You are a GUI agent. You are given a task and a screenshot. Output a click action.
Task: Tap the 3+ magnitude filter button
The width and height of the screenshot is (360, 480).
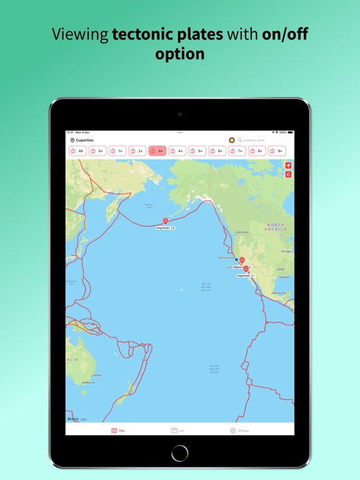coord(157,151)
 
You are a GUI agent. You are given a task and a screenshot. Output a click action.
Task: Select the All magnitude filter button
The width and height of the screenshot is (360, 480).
coord(77,151)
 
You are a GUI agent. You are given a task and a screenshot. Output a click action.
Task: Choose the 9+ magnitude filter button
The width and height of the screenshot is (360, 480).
coord(277,151)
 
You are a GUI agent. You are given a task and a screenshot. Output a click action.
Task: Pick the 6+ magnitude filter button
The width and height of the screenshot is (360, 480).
coord(217,151)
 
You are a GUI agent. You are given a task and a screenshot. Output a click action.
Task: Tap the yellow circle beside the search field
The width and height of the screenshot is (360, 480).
coord(232,141)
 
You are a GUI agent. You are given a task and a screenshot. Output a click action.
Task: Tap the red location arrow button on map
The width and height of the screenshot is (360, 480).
coord(288,166)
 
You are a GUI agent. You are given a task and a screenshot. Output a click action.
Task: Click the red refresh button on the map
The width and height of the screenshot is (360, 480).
coord(288,174)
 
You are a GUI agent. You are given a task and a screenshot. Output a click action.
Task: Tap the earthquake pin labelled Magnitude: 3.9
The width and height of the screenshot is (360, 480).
coord(166,221)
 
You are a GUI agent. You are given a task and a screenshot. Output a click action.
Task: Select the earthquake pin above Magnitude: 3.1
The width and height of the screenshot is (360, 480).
coord(246,269)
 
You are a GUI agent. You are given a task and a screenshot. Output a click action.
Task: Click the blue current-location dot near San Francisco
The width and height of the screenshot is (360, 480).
coord(236,259)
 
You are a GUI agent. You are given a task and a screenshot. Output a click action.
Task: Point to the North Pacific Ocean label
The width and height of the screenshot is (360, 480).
coord(206,287)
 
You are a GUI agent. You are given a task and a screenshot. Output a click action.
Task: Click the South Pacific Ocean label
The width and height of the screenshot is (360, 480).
coord(214,369)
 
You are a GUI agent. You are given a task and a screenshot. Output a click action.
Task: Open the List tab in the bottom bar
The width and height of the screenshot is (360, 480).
coord(177,431)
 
